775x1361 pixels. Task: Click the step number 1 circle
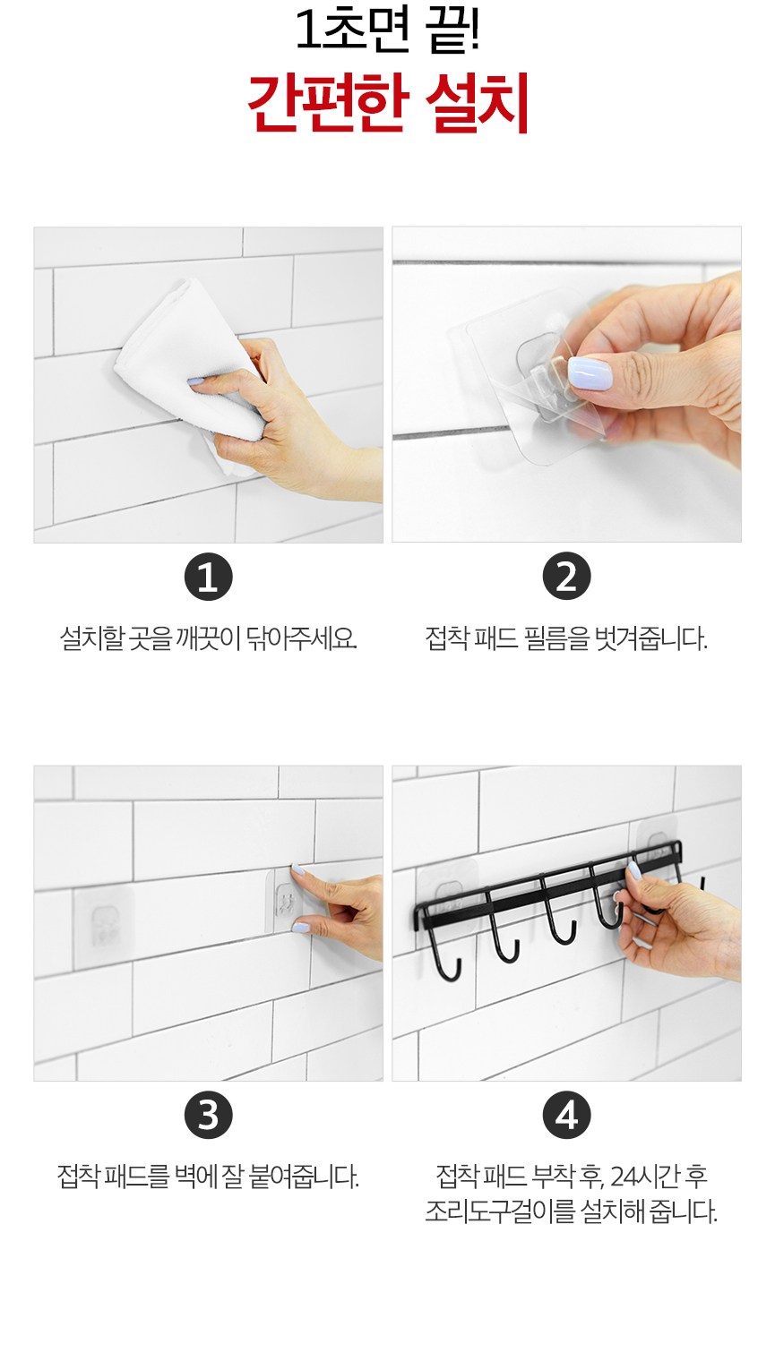[x=208, y=577]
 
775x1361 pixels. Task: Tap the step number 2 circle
[x=566, y=577]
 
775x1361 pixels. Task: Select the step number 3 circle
[x=208, y=1115]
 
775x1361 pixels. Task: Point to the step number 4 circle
[x=566, y=1115]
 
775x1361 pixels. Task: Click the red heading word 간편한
[x=326, y=103]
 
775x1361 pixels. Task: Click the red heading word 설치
[x=478, y=103]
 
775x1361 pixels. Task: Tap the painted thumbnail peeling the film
[x=590, y=373]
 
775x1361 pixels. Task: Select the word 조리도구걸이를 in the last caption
[x=500, y=1212]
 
